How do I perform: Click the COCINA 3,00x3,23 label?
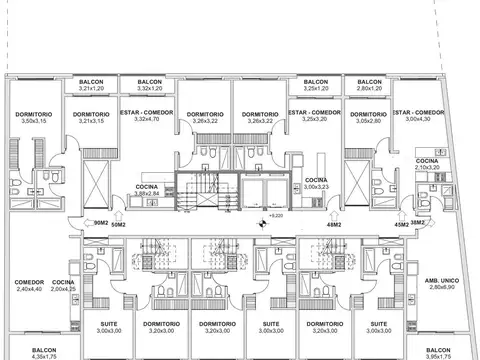[317, 183]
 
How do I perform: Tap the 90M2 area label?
[100, 225]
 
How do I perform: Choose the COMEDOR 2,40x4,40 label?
[28, 286]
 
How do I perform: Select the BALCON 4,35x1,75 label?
[45, 353]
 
